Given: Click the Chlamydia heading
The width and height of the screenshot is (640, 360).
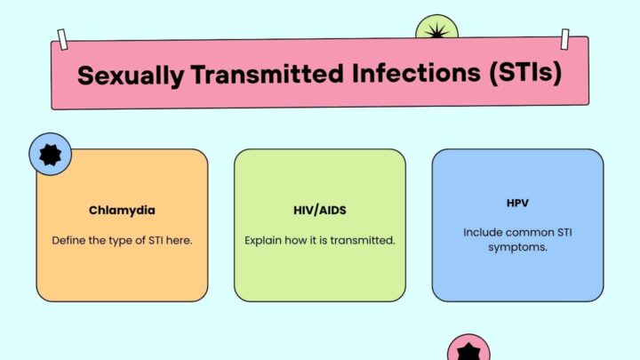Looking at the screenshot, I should click(121, 211).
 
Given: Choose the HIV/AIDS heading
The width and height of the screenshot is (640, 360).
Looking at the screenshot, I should click(319, 211).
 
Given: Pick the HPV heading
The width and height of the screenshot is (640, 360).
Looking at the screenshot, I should click(517, 204).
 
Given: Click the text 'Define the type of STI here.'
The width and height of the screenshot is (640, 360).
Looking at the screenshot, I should click(121, 240).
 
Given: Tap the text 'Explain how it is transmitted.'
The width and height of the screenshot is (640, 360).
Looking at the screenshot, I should click(319, 240).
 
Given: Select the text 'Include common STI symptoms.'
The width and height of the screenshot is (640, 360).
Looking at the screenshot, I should click(517, 240).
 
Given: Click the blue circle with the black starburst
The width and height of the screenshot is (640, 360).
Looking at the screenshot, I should click(51, 155).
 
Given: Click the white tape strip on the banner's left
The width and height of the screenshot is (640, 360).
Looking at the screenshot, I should click(62, 39).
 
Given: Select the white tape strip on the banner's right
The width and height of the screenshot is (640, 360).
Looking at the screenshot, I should click(564, 38).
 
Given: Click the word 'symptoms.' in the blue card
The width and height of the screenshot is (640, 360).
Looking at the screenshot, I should click(517, 247).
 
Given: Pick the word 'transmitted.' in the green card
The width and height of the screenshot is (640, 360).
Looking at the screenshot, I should click(361, 240).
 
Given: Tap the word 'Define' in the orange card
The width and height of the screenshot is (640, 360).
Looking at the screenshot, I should click(68, 240).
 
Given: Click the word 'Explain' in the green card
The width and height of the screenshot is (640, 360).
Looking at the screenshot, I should click(264, 240).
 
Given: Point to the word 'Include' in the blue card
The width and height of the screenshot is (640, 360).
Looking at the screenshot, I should click(482, 232).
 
